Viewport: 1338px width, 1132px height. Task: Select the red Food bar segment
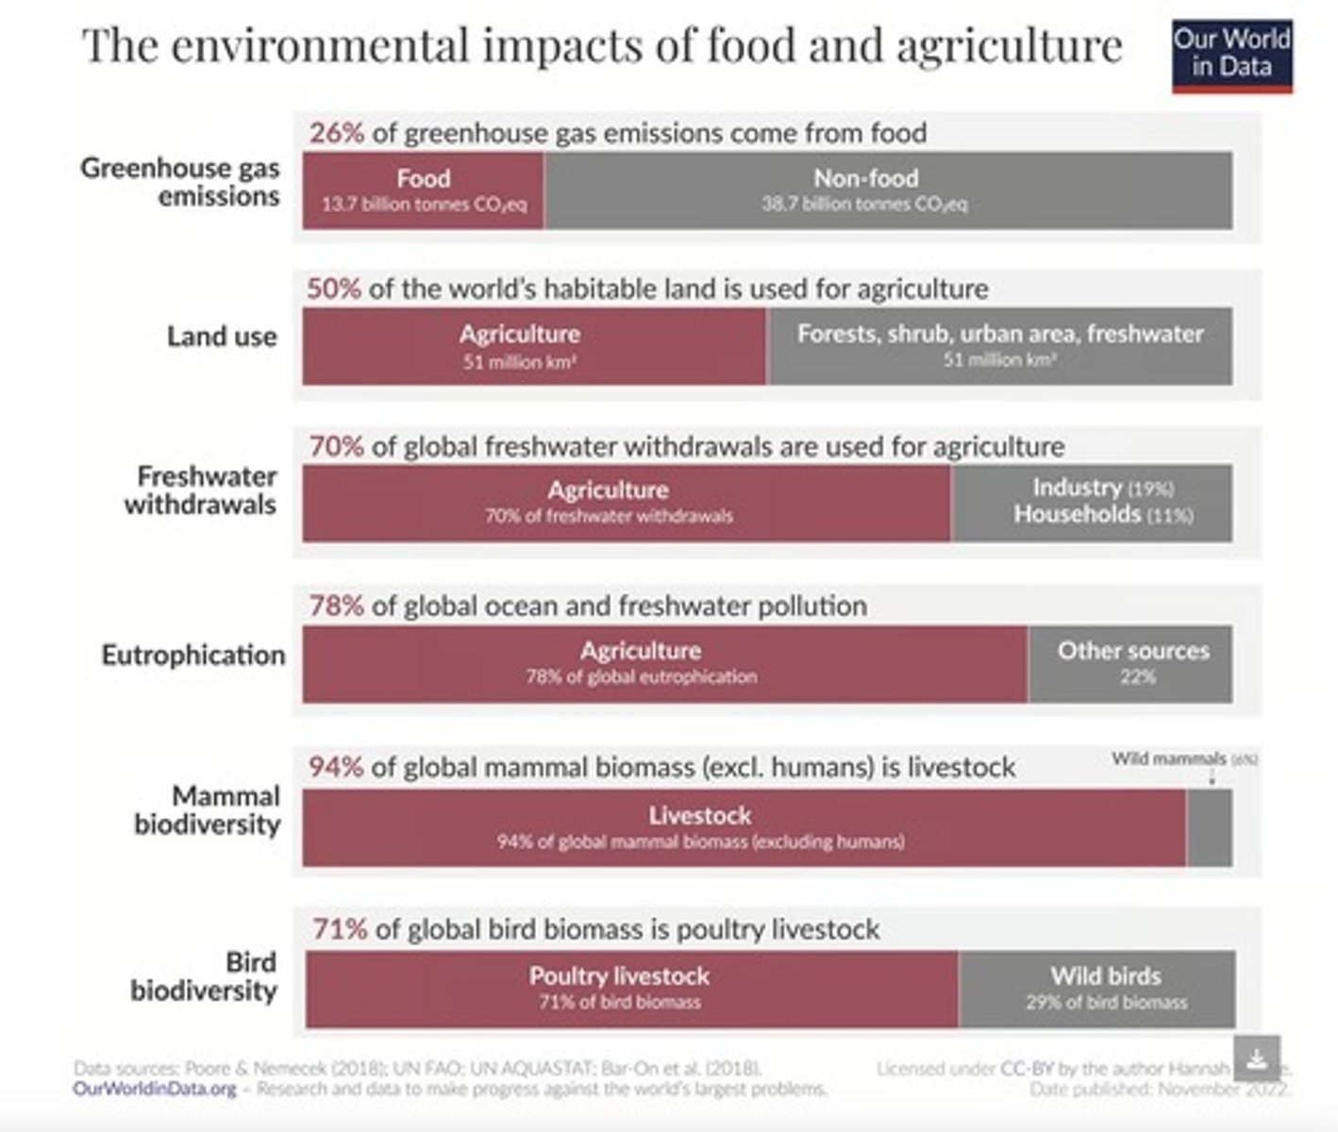click(x=423, y=190)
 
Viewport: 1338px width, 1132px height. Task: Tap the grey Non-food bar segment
click(x=887, y=190)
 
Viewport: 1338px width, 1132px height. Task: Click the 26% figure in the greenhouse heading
click(x=336, y=132)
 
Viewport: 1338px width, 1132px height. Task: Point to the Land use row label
click(x=222, y=336)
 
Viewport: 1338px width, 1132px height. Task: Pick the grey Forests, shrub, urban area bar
click(x=999, y=345)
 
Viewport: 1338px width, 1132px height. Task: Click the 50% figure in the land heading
click(x=333, y=288)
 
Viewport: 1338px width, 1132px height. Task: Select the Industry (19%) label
click(x=1102, y=488)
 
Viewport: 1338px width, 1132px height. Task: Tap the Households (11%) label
click(x=1102, y=514)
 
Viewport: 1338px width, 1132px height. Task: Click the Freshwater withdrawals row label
click(x=200, y=490)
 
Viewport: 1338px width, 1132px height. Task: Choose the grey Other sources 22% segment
click(x=1131, y=662)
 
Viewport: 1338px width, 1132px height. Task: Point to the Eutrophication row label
click(x=192, y=655)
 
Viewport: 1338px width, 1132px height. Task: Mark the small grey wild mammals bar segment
click(x=1209, y=827)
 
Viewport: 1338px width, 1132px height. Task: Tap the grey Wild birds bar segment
click(x=1096, y=988)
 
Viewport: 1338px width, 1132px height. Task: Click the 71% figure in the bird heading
click(x=340, y=929)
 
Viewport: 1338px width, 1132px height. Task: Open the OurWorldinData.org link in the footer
click(x=155, y=1089)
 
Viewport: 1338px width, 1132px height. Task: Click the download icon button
click(x=1256, y=1057)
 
